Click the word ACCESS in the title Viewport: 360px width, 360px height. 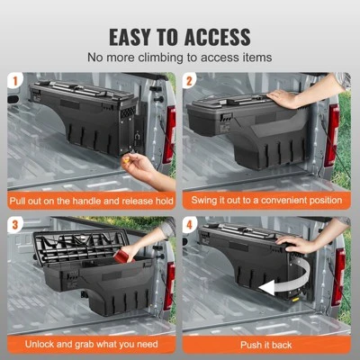pyautogui.click(x=218, y=37)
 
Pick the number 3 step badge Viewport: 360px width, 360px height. pyautogui.click(x=15, y=224)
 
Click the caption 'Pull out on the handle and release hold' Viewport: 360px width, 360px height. pyautogui.click(x=91, y=202)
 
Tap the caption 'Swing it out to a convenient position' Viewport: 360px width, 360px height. pyautogui.click(x=267, y=202)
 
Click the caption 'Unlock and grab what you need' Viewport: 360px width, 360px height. pyautogui.click(x=91, y=343)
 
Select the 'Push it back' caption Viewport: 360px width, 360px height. pyautogui.click(x=267, y=343)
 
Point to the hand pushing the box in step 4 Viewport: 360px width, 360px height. pyautogui.click(x=297, y=243)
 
